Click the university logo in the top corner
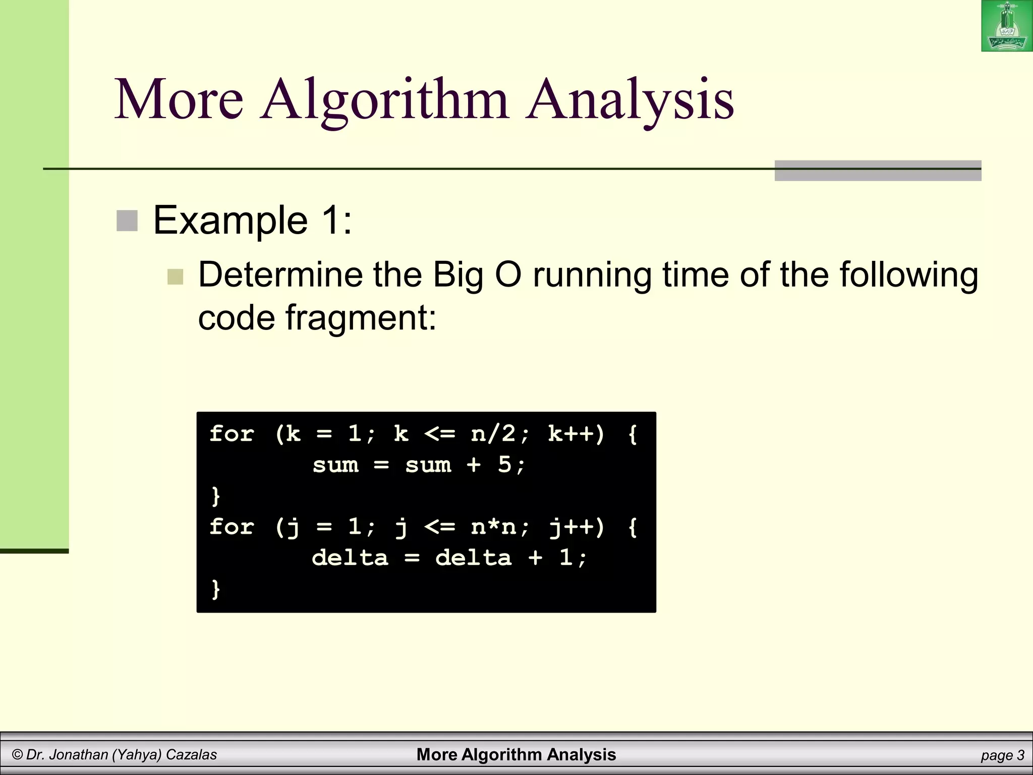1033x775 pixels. (1006, 26)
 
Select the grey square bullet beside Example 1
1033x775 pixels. (127, 221)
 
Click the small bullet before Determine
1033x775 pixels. (175, 276)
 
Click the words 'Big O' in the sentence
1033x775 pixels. (477, 275)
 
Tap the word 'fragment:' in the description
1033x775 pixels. (361, 318)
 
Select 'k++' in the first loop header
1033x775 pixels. (570, 434)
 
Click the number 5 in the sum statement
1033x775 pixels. (504, 465)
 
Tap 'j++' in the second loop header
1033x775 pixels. (570, 527)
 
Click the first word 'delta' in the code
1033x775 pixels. (350, 558)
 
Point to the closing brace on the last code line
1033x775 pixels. (216, 589)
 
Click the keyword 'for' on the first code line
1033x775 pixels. (232, 434)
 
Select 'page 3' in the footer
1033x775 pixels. (1002, 755)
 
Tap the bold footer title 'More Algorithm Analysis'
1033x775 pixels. (516, 755)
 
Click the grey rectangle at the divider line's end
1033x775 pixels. (878, 171)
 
